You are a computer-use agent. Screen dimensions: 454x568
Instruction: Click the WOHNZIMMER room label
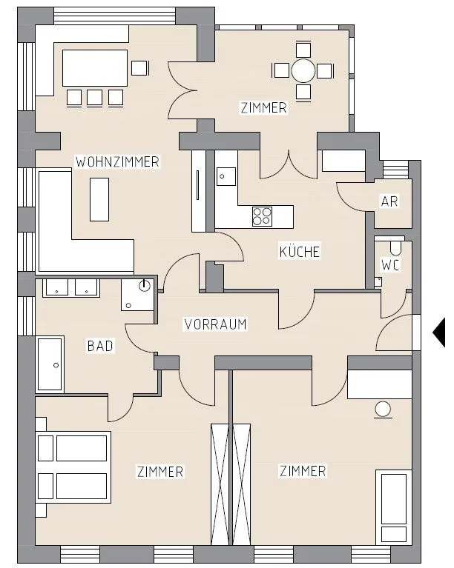[x=117, y=161]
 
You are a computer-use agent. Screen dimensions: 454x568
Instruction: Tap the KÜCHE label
[x=300, y=252]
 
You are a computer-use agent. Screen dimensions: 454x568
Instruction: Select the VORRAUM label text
[x=216, y=324]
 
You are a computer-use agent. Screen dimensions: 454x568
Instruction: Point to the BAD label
[x=100, y=346]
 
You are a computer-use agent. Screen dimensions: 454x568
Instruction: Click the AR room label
[x=389, y=201]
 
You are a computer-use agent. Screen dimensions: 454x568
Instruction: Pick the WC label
[x=390, y=265]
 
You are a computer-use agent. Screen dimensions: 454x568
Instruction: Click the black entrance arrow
[x=438, y=333]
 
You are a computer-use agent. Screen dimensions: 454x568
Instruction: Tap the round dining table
[x=303, y=70]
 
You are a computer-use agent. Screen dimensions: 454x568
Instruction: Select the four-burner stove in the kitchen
[x=262, y=216]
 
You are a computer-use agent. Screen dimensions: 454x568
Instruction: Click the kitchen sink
[x=226, y=176]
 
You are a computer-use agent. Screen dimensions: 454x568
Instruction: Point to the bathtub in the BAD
[x=50, y=364]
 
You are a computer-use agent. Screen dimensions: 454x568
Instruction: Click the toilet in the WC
[x=395, y=247]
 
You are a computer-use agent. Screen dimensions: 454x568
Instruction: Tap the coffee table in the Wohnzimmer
[x=99, y=199]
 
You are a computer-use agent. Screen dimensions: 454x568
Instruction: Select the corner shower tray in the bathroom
[x=137, y=295]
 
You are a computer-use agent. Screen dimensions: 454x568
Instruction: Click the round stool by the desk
[x=383, y=410]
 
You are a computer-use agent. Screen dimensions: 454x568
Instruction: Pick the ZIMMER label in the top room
[x=264, y=107]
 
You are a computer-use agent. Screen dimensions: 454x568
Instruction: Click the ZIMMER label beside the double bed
[x=160, y=472]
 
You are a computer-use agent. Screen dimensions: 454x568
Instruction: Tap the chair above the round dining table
[x=303, y=50]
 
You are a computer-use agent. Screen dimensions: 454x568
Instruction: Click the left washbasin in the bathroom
[x=56, y=287]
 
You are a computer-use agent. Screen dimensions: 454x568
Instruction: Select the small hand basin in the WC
[x=378, y=281]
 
